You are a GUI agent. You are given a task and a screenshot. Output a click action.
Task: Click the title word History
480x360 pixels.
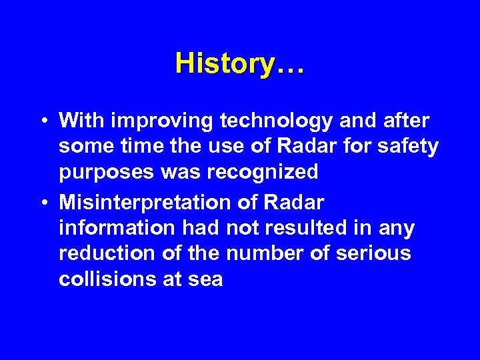[x=225, y=64]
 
